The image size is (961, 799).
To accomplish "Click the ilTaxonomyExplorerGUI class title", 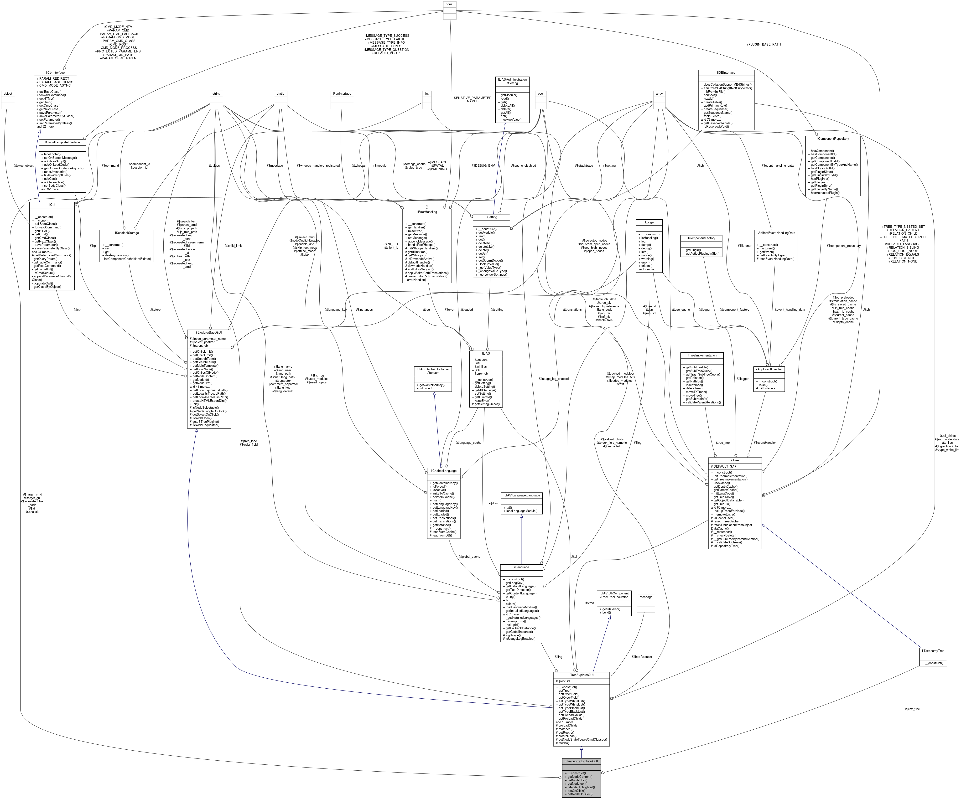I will (x=581, y=761).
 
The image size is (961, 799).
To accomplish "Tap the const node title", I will (x=449, y=4).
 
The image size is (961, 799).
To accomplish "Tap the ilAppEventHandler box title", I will (x=769, y=369).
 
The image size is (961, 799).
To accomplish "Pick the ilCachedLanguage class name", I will (x=443, y=471).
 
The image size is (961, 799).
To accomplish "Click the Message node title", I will (x=646, y=597).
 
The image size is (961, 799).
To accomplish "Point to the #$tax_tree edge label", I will (x=912, y=709).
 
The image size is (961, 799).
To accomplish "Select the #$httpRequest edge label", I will (x=642, y=657).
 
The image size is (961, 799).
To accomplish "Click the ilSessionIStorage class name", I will (x=126, y=233).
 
